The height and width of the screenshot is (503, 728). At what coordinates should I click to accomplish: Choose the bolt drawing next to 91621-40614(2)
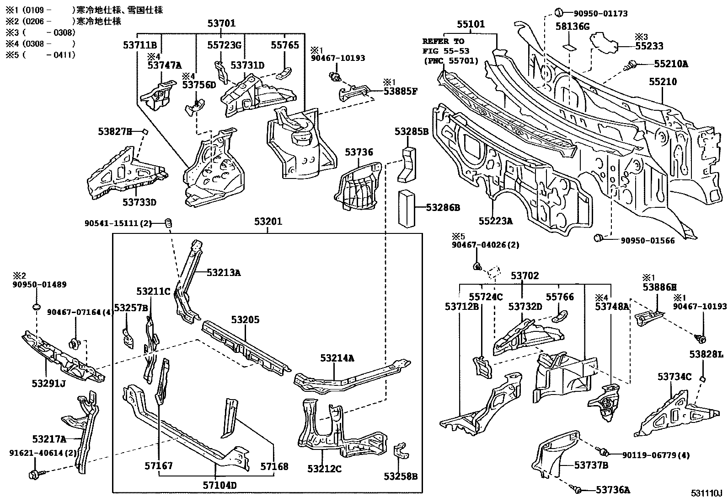[x=35, y=473]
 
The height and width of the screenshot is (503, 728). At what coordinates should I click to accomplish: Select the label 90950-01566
[x=647, y=240]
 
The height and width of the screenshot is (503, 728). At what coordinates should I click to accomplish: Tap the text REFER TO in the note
[x=443, y=41]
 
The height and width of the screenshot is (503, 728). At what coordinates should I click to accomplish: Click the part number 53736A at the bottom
[x=613, y=490]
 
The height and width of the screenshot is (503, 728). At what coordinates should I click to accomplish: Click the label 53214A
[x=337, y=358]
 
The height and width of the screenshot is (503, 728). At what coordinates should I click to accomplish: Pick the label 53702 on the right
[x=525, y=276]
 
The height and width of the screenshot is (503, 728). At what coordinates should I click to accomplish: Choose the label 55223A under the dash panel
[x=496, y=221]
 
